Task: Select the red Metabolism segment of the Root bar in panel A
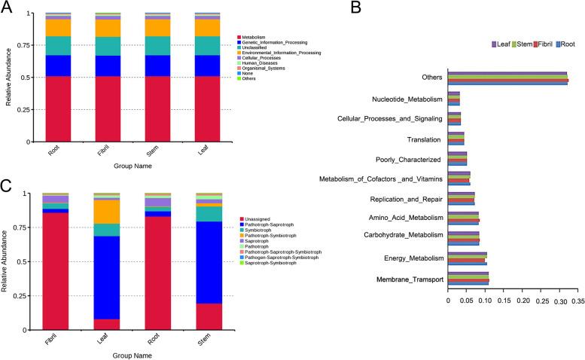click(x=58, y=108)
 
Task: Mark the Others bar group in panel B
click(x=507, y=78)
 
